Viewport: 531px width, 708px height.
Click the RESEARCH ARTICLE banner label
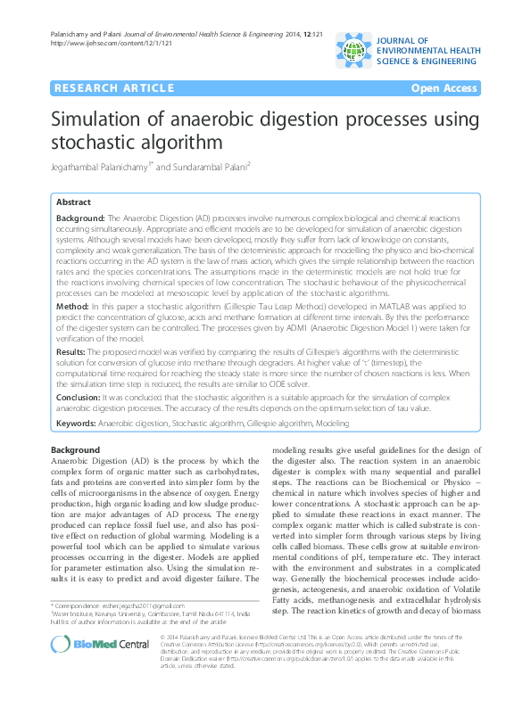pos(113,88)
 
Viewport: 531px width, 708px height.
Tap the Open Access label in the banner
pos(444,88)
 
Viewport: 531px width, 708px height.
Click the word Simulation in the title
pos(99,121)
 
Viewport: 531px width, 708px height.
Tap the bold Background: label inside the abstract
pos(80,218)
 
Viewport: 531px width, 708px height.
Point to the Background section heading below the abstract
pos(75,449)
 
